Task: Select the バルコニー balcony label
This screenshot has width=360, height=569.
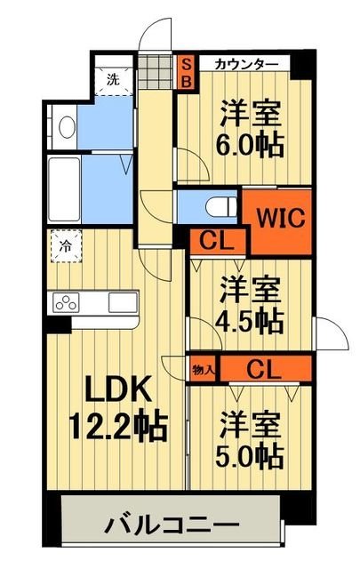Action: point(172,525)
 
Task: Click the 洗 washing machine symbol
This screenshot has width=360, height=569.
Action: point(113,79)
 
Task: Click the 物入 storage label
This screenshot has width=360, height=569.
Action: point(202,365)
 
